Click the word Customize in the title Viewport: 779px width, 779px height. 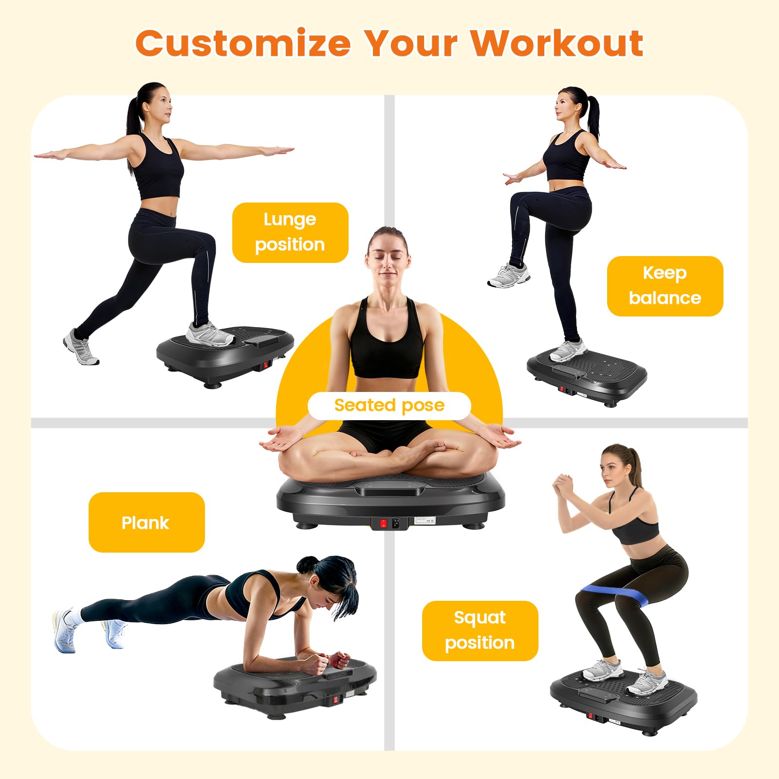[x=243, y=43]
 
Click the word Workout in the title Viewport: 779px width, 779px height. [x=556, y=43]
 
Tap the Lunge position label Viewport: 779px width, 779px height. [x=290, y=232]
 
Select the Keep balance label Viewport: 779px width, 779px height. [x=665, y=286]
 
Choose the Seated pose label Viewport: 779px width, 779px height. [x=389, y=406]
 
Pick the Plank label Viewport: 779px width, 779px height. [x=147, y=522]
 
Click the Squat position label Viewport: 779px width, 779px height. [x=480, y=631]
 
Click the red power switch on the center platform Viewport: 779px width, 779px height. [x=383, y=524]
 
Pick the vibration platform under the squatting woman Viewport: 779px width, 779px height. [x=623, y=702]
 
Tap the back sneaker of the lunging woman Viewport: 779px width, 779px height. [x=81, y=347]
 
